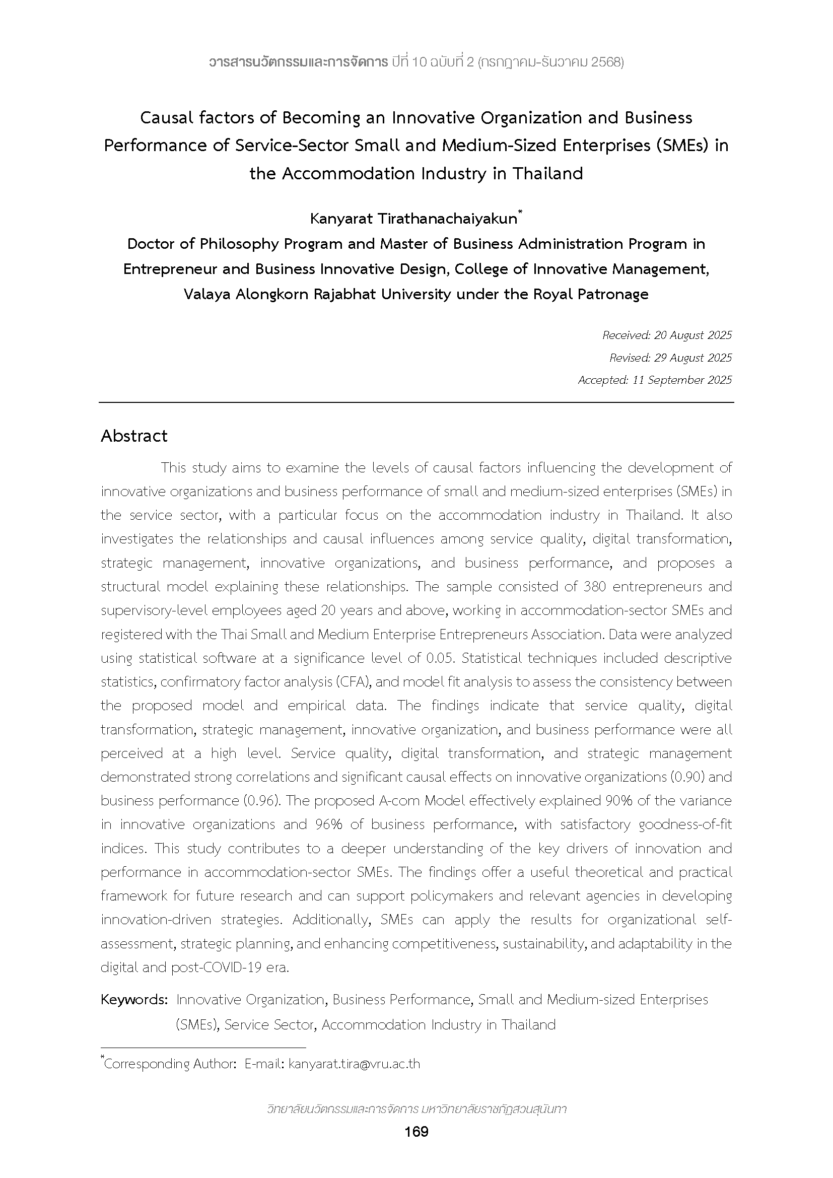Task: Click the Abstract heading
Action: (134, 436)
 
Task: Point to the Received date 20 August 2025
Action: (692, 335)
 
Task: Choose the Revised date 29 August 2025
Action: (692, 358)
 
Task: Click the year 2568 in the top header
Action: (606, 62)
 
